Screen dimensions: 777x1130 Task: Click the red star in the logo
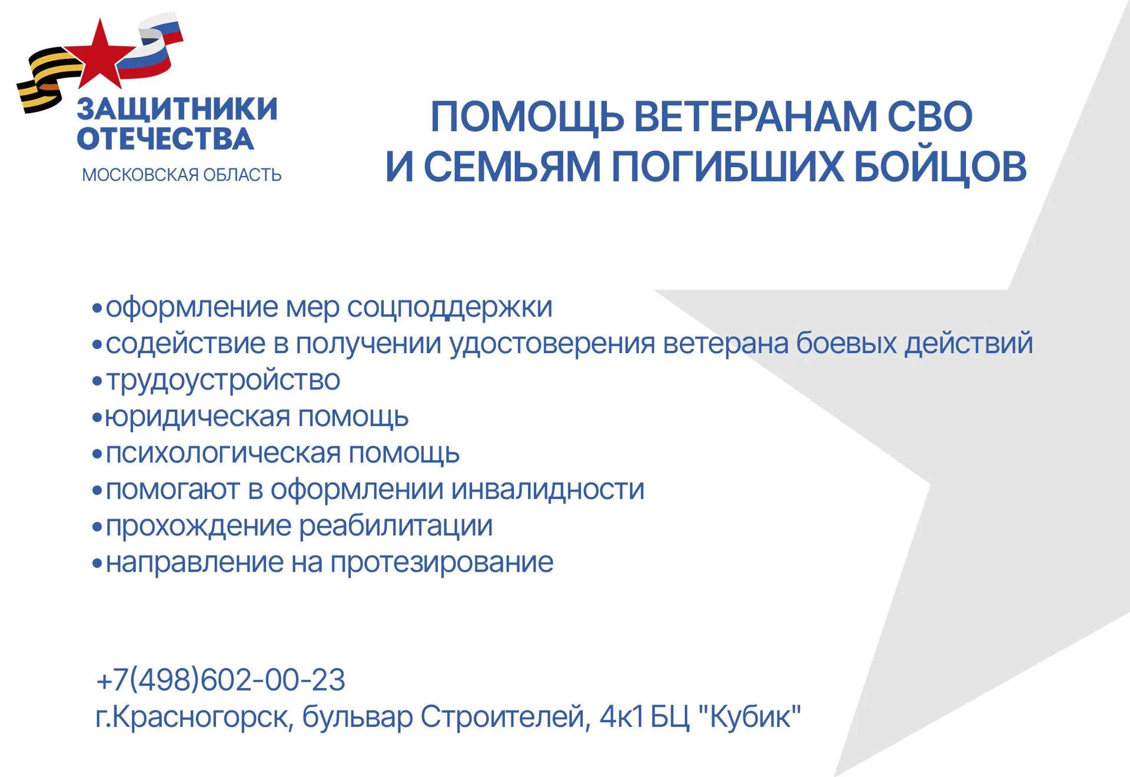point(100,56)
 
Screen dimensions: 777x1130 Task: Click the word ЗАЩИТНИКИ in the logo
point(177,109)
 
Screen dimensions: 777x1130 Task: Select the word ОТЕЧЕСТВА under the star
point(165,139)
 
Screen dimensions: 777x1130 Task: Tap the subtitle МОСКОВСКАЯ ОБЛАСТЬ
point(181,175)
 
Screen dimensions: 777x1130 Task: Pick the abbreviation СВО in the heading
point(929,117)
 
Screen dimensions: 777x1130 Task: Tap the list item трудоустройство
point(223,380)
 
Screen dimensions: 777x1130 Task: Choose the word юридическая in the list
point(197,417)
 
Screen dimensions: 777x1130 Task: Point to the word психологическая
point(223,453)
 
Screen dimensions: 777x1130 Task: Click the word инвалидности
point(548,490)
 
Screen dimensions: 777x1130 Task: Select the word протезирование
point(441,563)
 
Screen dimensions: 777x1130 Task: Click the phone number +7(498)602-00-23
point(221,680)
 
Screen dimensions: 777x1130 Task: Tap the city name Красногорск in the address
point(200,717)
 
